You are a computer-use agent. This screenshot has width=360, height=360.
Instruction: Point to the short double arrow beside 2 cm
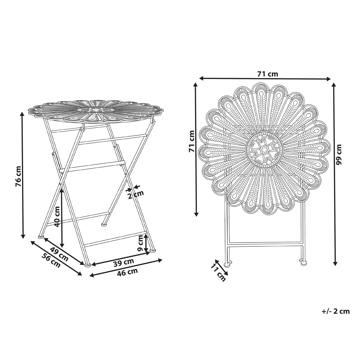[144, 187]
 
